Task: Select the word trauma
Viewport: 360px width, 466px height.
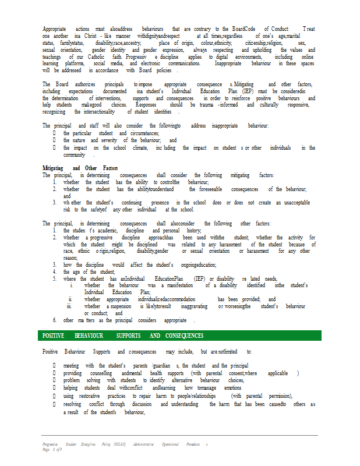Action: click(196, 105)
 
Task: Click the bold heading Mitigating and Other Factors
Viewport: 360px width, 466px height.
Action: click(80, 168)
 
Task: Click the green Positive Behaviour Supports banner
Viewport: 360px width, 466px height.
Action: click(180, 336)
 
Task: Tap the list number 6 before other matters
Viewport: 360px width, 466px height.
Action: click(55, 320)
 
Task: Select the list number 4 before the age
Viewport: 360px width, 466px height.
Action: click(55, 271)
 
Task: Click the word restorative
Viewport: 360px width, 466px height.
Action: click(88, 396)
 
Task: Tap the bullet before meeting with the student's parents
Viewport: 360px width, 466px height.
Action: click(54, 366)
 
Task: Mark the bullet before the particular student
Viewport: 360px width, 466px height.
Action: click(54, 133)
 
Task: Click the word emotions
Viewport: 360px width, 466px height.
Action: click(232, 388)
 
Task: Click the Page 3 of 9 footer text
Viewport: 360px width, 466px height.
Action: click(52, 450)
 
